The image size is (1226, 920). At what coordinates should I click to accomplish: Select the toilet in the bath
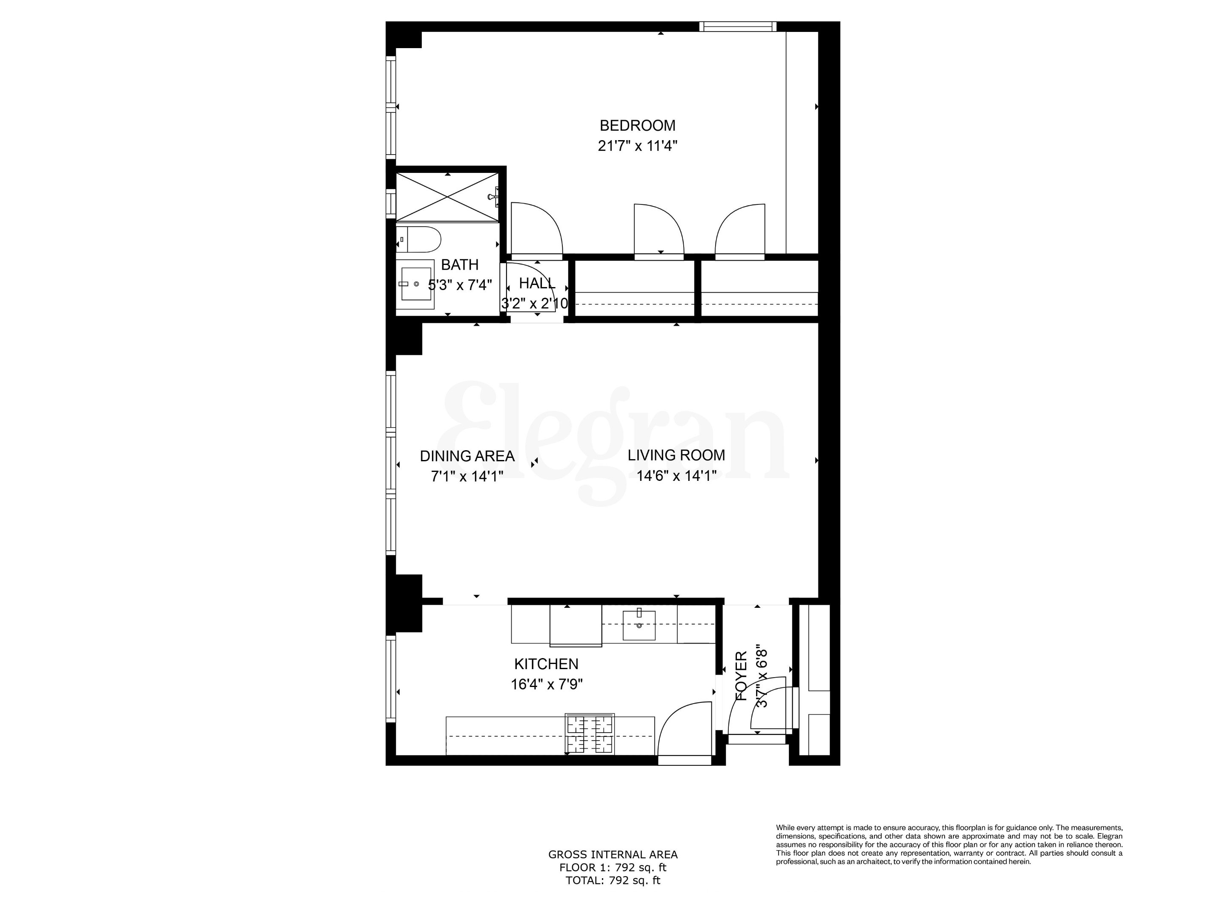pyautogui.click(x=420, y=239)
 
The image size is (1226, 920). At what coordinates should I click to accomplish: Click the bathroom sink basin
pyautogui.click(x=415, y=284)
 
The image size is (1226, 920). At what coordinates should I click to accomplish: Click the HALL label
pyautogui.click(x=536, y=283)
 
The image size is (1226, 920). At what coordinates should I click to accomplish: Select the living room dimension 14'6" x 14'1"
pyautogui.click(x=676, y=476)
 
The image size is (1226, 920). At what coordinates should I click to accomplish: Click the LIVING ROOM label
pyautogui.click(x=676, y=455)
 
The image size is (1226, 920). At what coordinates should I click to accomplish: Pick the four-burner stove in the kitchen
pyautogui.click(x=590, y=734)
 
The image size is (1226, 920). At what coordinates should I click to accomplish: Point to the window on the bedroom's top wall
pyautogui.click(x=737, y=26)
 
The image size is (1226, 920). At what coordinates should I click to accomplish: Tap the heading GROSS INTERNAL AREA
pyautogui.click(x=613, y=854)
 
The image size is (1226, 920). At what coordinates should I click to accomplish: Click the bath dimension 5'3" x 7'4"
pyautogui.click(x=461, y=285)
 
